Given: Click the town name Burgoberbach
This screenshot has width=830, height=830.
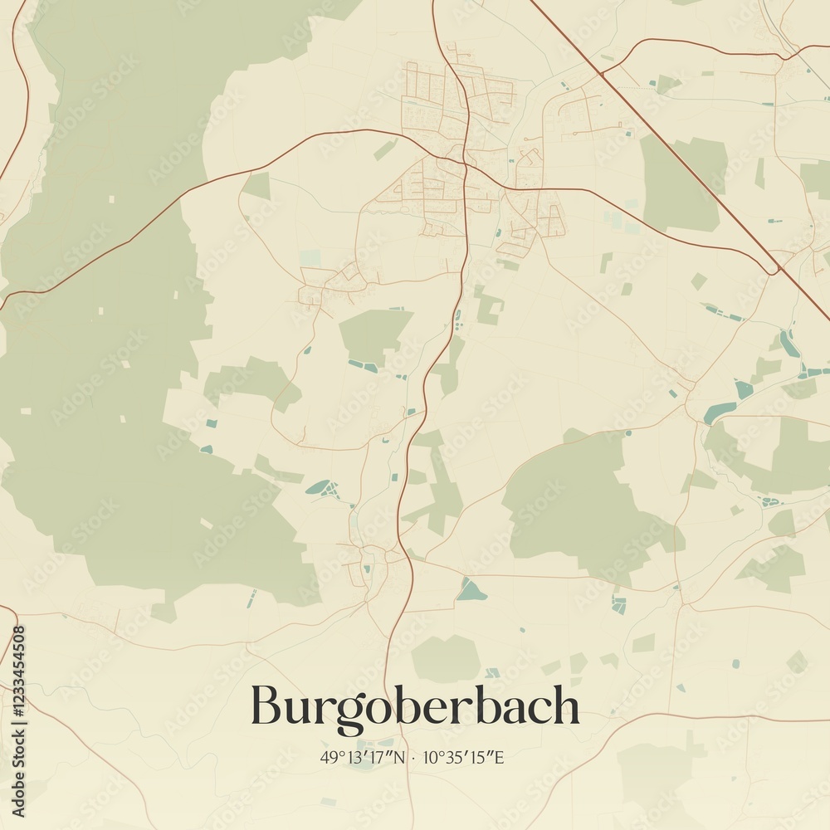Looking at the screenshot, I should coord(415,707).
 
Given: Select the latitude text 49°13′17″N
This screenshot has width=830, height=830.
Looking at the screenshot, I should coord(364,757).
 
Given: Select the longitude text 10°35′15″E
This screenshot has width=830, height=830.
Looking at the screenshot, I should coord(464,757).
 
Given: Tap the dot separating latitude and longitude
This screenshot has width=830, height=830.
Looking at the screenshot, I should coord(415,758).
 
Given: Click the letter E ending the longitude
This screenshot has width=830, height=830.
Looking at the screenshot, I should coord(500,757).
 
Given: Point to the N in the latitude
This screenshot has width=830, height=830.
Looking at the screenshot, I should coord(402,757).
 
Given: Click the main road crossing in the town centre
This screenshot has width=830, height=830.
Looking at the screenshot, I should coord(467,165).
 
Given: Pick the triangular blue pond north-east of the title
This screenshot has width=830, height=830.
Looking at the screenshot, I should coord(471,591).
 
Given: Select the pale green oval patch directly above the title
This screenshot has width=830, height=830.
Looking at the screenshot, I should coord(446,658).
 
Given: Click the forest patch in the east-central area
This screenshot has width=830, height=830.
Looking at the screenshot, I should coord(581,506).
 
